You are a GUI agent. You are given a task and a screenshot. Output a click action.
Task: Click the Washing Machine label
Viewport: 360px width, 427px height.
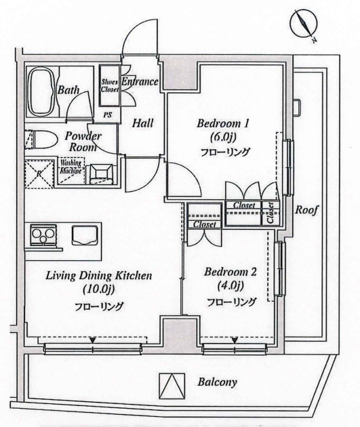coord(71,167)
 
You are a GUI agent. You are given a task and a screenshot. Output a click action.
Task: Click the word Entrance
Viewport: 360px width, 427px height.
coord(140,83)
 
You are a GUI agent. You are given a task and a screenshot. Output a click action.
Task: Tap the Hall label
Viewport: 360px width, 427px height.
coord(142,123)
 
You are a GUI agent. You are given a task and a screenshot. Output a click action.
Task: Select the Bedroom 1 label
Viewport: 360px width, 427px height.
coord(224,124)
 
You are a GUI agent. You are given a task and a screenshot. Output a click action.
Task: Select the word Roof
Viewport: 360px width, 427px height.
coord(306,210)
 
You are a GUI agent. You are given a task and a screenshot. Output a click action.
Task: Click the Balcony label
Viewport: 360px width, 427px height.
coord(217,382)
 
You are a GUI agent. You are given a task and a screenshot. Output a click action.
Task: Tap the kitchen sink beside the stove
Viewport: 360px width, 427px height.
coord(85,236)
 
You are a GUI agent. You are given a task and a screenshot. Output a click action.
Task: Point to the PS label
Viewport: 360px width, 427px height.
coord(107,115)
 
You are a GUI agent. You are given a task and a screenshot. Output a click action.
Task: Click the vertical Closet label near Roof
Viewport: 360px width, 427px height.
coord(271,212)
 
